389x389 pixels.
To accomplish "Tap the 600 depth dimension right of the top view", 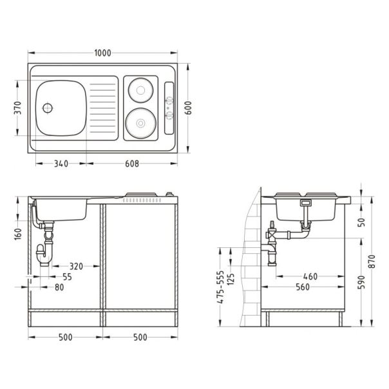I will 189,108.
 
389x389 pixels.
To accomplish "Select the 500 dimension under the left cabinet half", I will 64,336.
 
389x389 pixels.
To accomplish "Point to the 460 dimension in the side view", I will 310,276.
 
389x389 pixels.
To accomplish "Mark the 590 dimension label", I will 362,282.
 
